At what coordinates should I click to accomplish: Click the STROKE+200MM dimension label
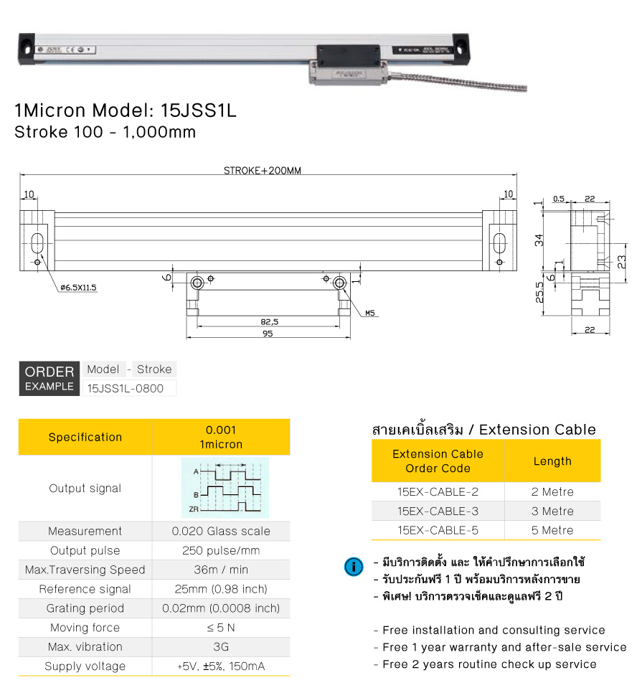pos(262,171)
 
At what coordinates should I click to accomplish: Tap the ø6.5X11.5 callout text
pos(78,287)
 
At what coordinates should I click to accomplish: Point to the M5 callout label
pos(369,313)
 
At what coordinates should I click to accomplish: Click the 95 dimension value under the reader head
pos(268,334)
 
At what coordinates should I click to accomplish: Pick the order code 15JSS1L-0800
pos(125,389)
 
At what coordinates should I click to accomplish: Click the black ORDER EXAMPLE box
pos(49,378)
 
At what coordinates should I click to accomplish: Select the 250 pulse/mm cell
pos(221,551)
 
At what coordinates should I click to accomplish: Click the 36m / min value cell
pos(221,570)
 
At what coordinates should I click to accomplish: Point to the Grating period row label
pos(85,609)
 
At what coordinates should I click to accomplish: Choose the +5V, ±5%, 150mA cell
pos(221,666)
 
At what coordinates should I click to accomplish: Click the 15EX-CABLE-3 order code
pos(438,511)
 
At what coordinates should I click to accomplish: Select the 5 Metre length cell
pos(552,531)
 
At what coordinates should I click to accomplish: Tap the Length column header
pos(552,461)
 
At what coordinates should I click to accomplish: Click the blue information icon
pos(354,567)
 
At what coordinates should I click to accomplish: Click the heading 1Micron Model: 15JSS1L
pos(126,111)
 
